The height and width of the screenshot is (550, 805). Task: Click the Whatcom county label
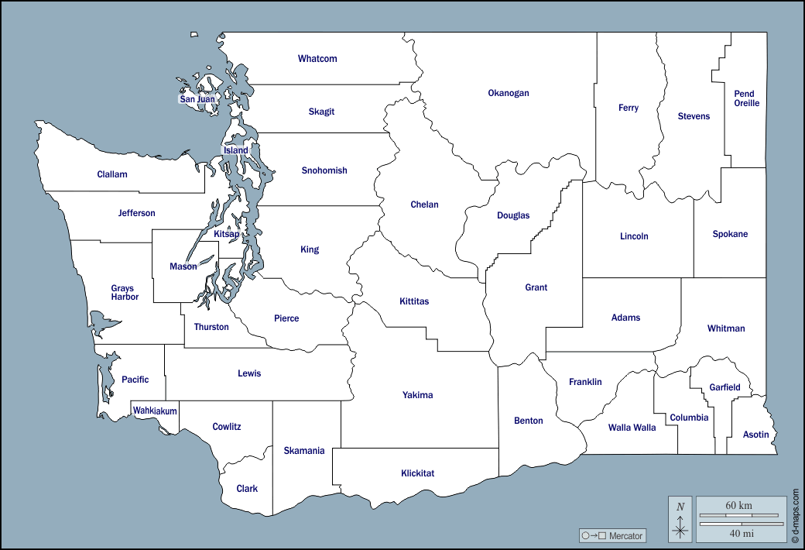[317, 59]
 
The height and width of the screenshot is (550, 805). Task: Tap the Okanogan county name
[509, 93]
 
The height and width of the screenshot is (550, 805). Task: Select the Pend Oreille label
[747, 98]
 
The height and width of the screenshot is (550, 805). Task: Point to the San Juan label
[197, 99]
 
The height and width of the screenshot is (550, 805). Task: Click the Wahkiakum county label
[155, 411]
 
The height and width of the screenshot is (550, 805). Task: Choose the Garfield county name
[725, 387]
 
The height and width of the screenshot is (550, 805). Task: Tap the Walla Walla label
[632, 428]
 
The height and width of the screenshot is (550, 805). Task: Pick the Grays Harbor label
[124, 293]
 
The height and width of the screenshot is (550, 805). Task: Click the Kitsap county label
[227, 233]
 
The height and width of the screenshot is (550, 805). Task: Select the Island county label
[236, 150]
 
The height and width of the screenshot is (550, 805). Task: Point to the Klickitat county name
[417, 473]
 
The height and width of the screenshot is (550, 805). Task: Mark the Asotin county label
[755, 435]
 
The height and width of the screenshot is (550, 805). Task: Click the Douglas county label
[513, 215]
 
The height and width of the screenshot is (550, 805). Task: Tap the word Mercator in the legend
[625, 536]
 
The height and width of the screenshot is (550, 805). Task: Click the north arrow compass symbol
[680, 519]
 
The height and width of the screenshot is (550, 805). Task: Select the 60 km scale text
[738, 506]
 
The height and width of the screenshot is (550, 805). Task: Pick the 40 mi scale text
[742, 533]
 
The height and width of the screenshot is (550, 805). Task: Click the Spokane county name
[730, 234]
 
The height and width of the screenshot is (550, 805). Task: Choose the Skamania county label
[304, 451]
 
